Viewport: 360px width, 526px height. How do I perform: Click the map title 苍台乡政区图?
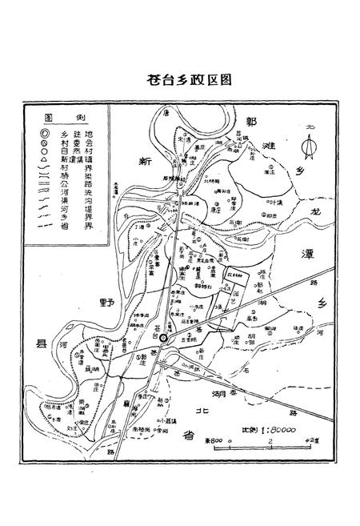185,80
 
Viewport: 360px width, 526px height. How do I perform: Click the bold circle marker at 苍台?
164,339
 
